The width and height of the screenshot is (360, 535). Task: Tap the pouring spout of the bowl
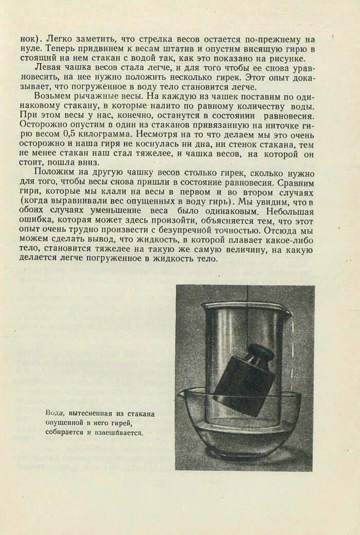(x=182, y=395)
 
